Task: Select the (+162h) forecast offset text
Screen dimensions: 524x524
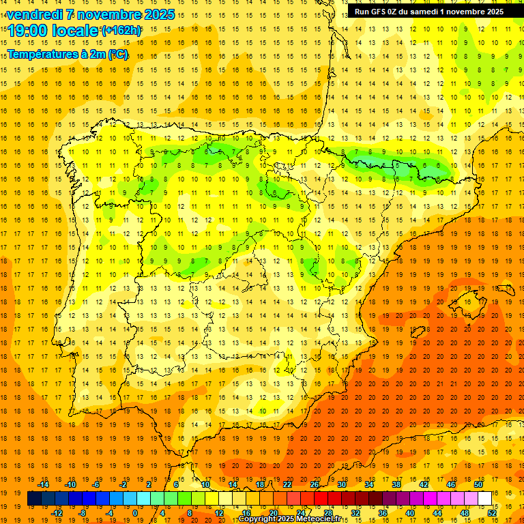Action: (121, 31)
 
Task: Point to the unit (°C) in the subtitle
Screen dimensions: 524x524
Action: (117, 55)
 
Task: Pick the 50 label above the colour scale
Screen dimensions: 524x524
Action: (478, 484)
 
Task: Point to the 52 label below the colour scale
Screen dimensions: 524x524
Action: (492, 512)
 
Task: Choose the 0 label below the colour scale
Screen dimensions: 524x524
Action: (136, 512)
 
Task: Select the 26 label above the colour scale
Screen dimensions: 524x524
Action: (315, 484)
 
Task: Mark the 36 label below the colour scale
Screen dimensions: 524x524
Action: (382, 512)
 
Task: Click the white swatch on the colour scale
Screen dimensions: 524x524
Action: (484, 499)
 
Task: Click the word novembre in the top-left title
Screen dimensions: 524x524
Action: (115, 14)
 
